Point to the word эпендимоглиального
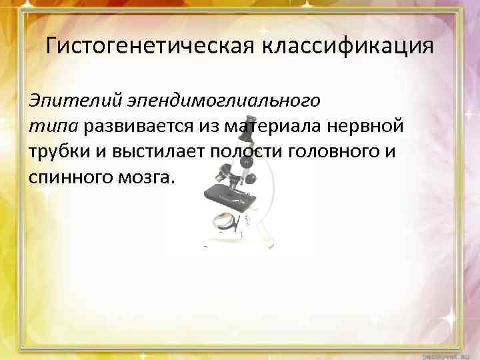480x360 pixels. point(222,101)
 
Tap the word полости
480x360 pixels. point(248,151)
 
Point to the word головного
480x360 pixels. point(338,151)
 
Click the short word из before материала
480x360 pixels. point(213,127)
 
